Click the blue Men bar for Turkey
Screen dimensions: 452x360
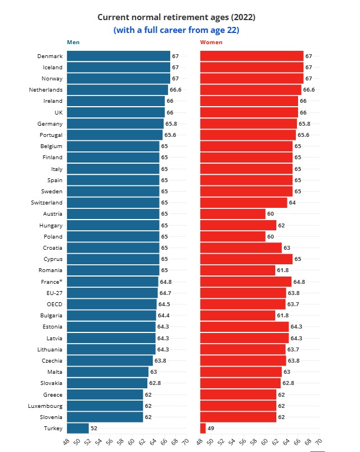pyautogui.click(x=78, y=428)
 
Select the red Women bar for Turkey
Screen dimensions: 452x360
pyautogui.click(x=203, y=428)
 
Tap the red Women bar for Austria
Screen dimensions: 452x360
pyautogui.click(x=233, y=213)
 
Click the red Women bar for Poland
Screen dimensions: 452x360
pyautogui.click(x=233, y=236)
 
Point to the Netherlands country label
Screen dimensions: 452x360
pyautogui.click(x=46, y=89)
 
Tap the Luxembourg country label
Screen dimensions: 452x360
pyautogui.click(x=46, y=405)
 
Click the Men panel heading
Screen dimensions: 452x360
pyautogui.click(x=73, y=42)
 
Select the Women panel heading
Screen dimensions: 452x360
pyautogui.click(x=211, y=42)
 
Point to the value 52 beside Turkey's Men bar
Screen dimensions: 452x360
pyautogui.click(x=94, y=428)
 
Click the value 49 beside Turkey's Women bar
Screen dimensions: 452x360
pyautogui.click(x=210, y=428)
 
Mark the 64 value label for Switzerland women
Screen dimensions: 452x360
pyautogui.click(x=292, y=202)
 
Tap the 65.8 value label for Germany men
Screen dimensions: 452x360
pyautogui.click(x=171, y=123)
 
